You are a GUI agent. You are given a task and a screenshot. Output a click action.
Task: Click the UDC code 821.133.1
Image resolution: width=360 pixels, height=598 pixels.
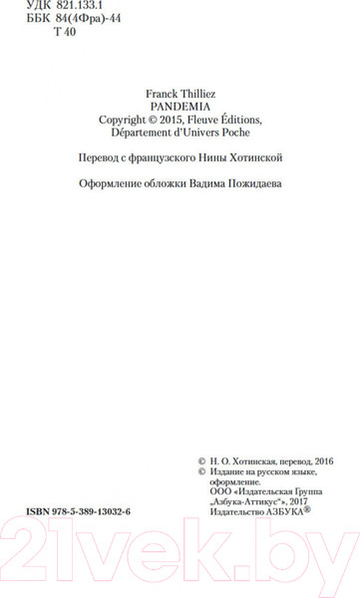61,6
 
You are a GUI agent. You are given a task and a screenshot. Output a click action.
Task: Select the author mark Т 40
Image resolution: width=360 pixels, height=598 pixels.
60,34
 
